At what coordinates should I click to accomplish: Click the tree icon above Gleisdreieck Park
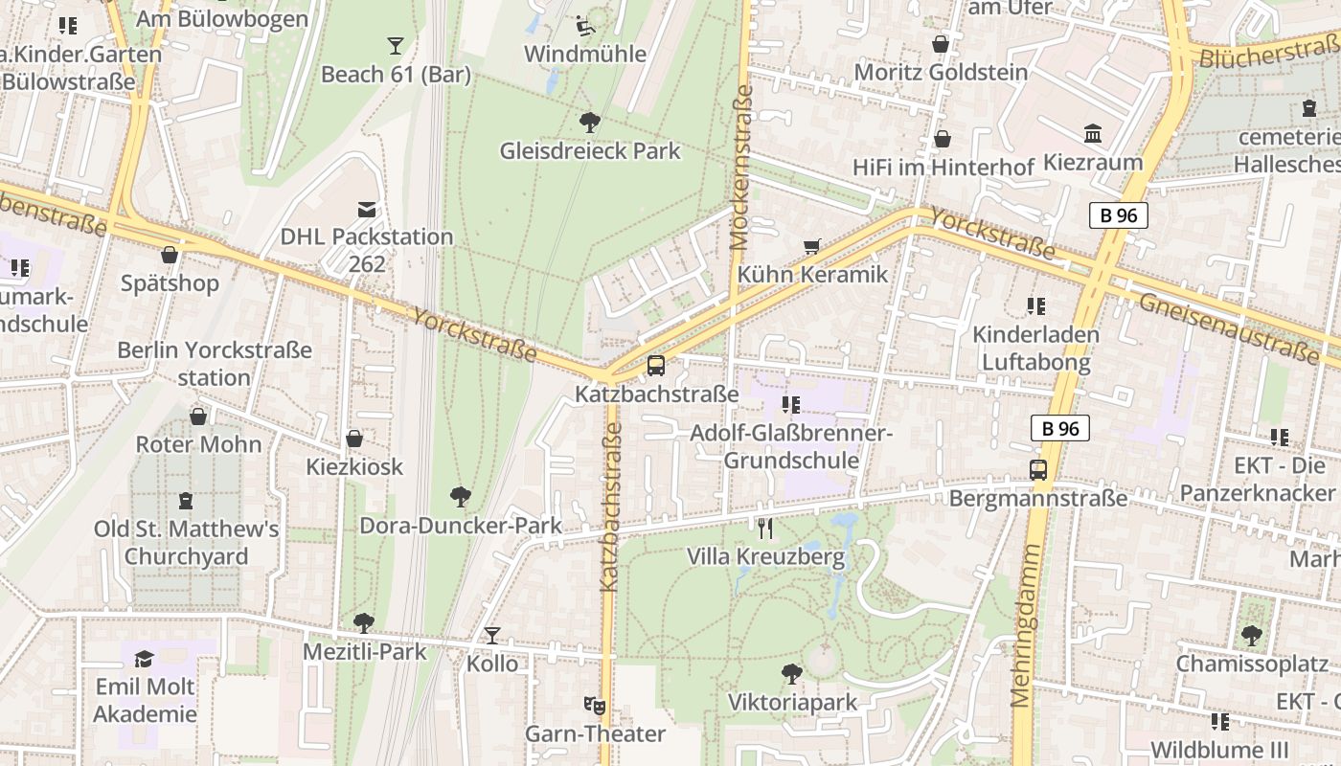coord(589,122)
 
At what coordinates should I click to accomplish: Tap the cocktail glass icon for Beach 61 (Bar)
coord(395,45)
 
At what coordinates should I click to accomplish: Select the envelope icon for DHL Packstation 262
coord(366,209)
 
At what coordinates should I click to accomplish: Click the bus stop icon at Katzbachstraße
coord(656,365)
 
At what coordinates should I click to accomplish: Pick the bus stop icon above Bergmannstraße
coord(1038,469)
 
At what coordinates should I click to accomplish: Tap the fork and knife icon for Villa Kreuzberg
coord(764,529)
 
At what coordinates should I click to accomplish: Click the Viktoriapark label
coord(792,703)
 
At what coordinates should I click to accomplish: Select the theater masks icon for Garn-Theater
coord(595,706)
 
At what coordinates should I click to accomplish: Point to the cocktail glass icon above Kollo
coord(492,635)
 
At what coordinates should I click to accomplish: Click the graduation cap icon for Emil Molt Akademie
coord(145,659)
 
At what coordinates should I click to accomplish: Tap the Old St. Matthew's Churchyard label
coord(186,542)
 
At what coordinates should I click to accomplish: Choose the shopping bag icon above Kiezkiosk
coord(354,439)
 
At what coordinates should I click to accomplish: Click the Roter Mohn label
coord(198,444)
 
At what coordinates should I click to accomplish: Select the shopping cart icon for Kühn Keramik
coord(812,246)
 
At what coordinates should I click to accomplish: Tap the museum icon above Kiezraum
coord(1093,133)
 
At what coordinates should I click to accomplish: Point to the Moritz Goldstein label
coord(941,73)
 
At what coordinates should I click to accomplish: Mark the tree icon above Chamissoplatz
coord(1251,635)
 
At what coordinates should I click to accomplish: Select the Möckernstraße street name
coord(741,168)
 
